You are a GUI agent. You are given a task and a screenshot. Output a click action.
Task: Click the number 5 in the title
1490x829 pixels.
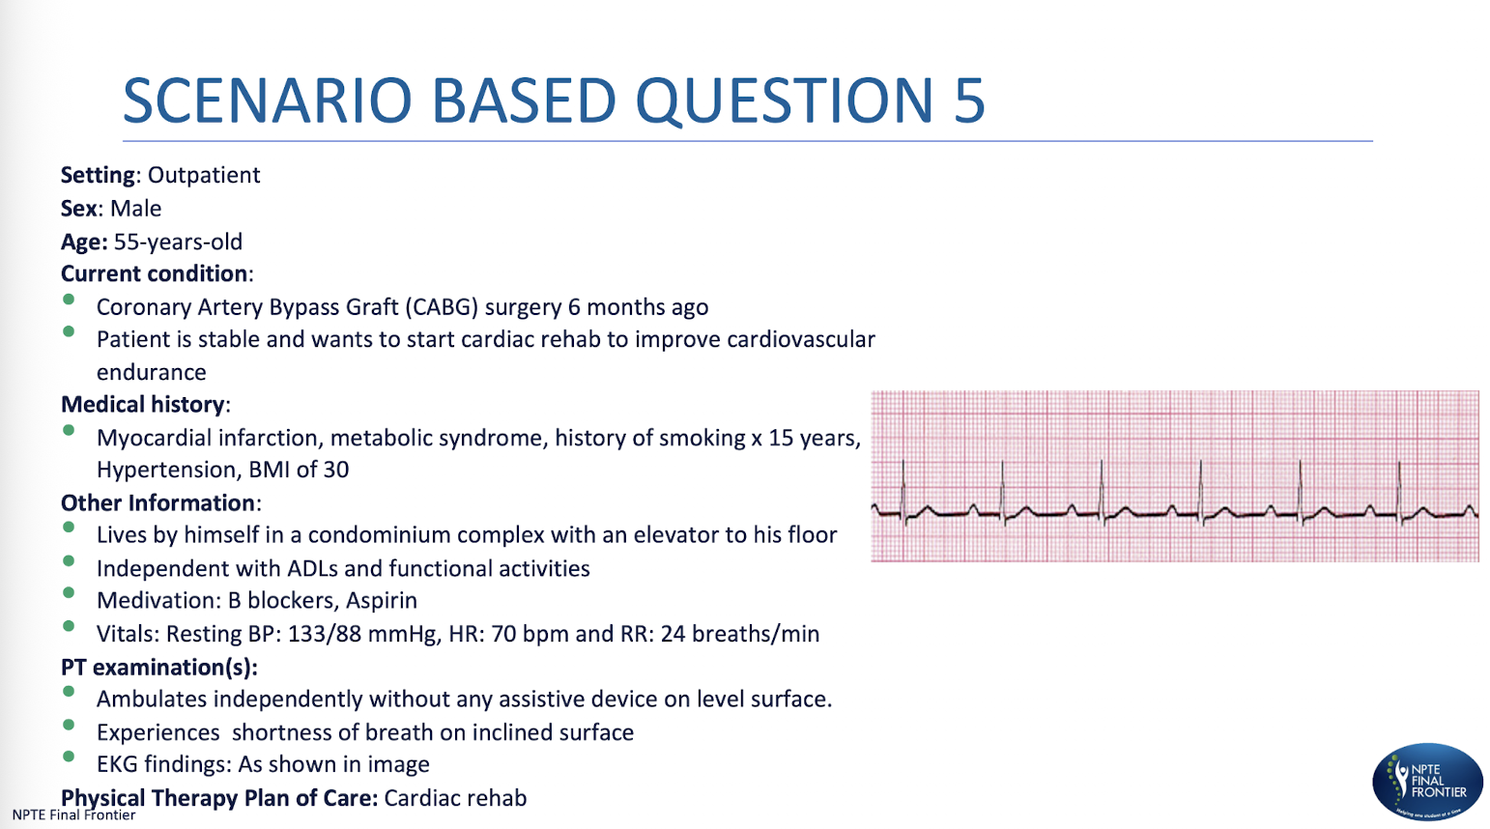[968, 100]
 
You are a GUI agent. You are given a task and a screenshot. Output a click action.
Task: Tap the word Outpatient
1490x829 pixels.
[204, 175]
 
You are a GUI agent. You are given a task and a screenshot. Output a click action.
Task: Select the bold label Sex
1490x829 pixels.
[78, 209]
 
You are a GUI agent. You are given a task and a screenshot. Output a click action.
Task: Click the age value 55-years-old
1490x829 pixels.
[178, 242]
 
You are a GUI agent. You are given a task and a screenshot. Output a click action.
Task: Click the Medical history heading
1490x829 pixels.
[143, 404]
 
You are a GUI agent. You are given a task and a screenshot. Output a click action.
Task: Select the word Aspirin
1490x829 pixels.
[382, 600]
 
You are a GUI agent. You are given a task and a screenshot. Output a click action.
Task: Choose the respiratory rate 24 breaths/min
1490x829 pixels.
[739, 634]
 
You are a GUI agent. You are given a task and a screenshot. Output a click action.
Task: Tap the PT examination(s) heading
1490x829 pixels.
[158, 667]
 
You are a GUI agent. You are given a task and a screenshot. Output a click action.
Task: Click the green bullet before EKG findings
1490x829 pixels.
[69, 758]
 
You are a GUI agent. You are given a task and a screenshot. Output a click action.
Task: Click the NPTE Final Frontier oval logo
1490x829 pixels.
[1427, 782]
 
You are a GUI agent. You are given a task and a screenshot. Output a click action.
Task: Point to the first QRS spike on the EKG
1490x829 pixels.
[903, 488]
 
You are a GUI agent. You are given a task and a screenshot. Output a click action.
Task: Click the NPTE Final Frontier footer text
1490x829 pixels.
[73, 815]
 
